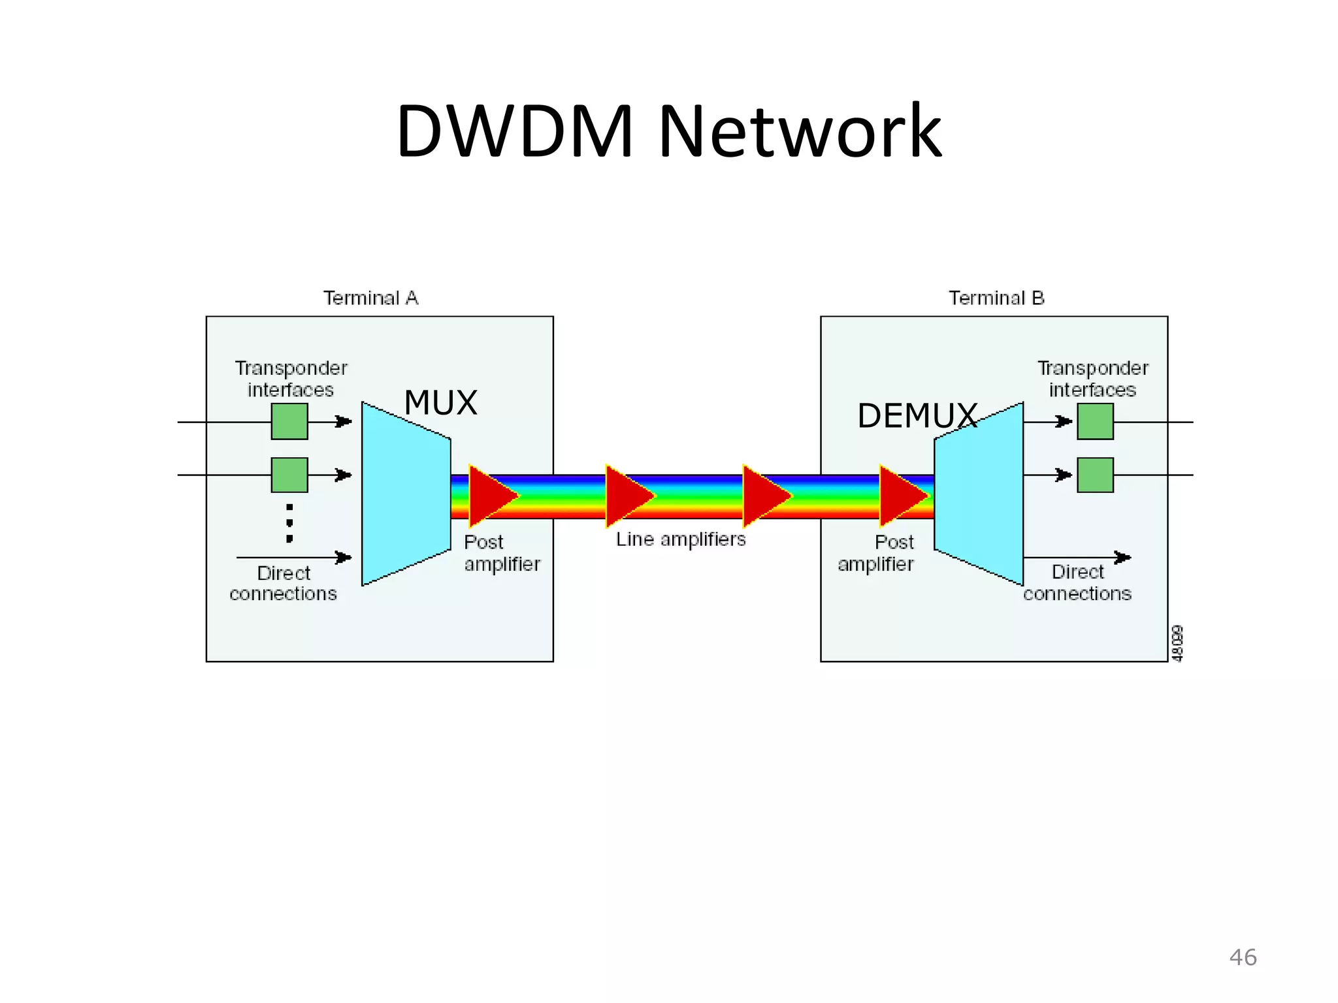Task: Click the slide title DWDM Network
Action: click(668, 132)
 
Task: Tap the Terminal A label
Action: click(370, 298)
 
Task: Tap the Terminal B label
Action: click(996, 298)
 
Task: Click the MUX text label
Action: click(440, 402)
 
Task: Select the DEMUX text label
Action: click(917, 416)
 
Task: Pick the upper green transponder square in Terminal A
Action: click(289, 421)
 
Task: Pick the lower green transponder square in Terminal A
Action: click(289, 475)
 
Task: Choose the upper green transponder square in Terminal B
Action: click(1095, 421)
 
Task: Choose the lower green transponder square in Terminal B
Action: click(1095, 475)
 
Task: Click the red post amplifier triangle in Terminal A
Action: click(490, 496)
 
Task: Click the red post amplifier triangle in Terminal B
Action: click(901, 496)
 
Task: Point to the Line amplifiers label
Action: click(680, 539)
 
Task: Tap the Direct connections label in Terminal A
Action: click(283, 583)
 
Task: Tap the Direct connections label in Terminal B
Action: click(1077, 582)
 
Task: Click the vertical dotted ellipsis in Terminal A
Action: click(289, 523)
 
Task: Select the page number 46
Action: click(1243, 957)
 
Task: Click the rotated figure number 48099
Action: click(1177, 644)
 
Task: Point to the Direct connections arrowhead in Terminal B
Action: click(1122, 557)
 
